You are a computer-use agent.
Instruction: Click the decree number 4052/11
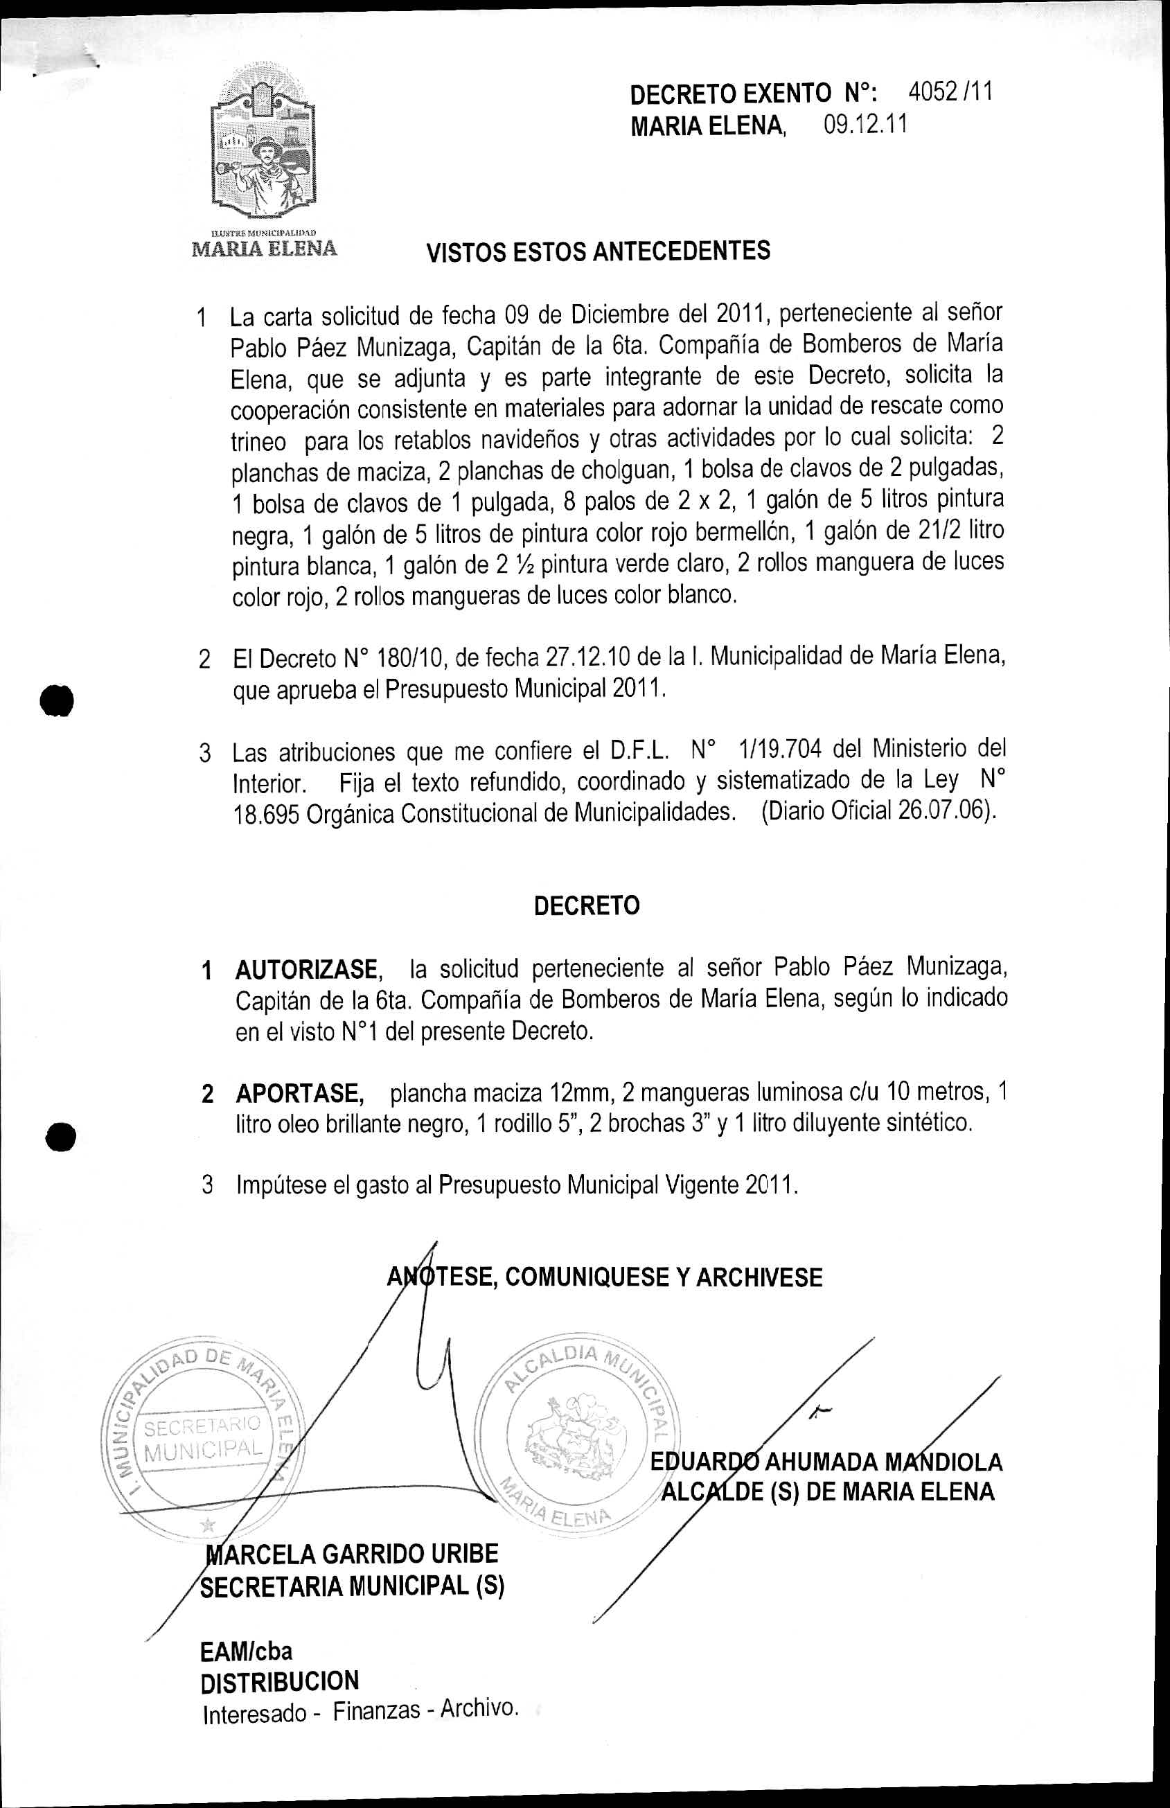tap(950, 93)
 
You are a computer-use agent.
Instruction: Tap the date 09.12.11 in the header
tap(865, 125)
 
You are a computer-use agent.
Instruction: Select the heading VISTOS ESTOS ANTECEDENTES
tap(598, 251)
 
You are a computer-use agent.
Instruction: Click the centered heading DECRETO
tap(587, 906)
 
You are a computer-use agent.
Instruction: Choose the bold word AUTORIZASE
tap(306, 970)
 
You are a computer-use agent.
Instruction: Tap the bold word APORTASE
tap(299, 1094)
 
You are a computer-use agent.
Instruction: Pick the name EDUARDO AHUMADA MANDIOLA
tap(826, 1461)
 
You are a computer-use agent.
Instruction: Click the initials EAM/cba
tap(246, 1651)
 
